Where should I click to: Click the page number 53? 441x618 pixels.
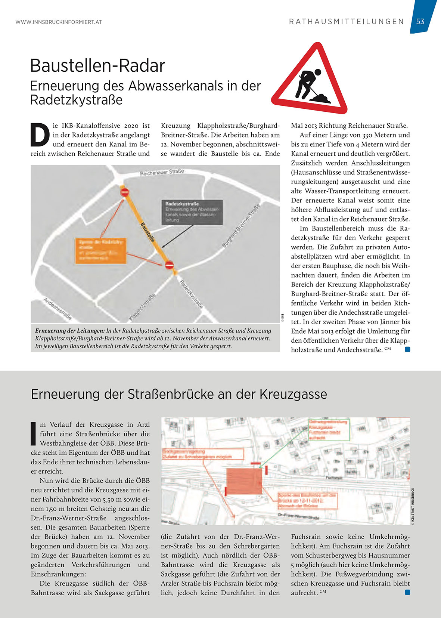pyautogui.click(x=420, y=22)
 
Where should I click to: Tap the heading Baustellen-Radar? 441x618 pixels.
pyautogui.click(x=97, y=66)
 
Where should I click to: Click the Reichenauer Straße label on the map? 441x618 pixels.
pyautogui.click(x=162, y=172)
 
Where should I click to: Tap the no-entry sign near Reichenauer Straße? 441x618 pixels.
pyautogui.click(x=125, y=192)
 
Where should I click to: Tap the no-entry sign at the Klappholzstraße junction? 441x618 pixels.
pyautogui.click(x=169, y=265)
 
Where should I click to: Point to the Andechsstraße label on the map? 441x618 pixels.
pyautogui.click(x=58, y=308)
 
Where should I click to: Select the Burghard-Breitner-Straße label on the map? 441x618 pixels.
pyautogui.click(x=241, y=226)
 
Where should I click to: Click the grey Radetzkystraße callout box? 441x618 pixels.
pyautogui.click(x=192, y=212)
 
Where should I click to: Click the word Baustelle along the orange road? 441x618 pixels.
pyautogui.click(x=147, y=232)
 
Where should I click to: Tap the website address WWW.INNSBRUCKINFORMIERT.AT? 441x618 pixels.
pyautogui.click(x=59, y=22)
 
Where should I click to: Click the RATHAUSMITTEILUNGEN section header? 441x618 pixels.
pyautogui.click(x=346, y=22)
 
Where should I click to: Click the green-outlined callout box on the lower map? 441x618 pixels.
pyautogui.click(x=329, y=430)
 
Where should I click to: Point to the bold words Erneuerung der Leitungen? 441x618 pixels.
pyautogui.click(x=70, y=331)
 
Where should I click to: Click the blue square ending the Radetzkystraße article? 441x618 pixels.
pyautogui.click(x=407, y=349)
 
